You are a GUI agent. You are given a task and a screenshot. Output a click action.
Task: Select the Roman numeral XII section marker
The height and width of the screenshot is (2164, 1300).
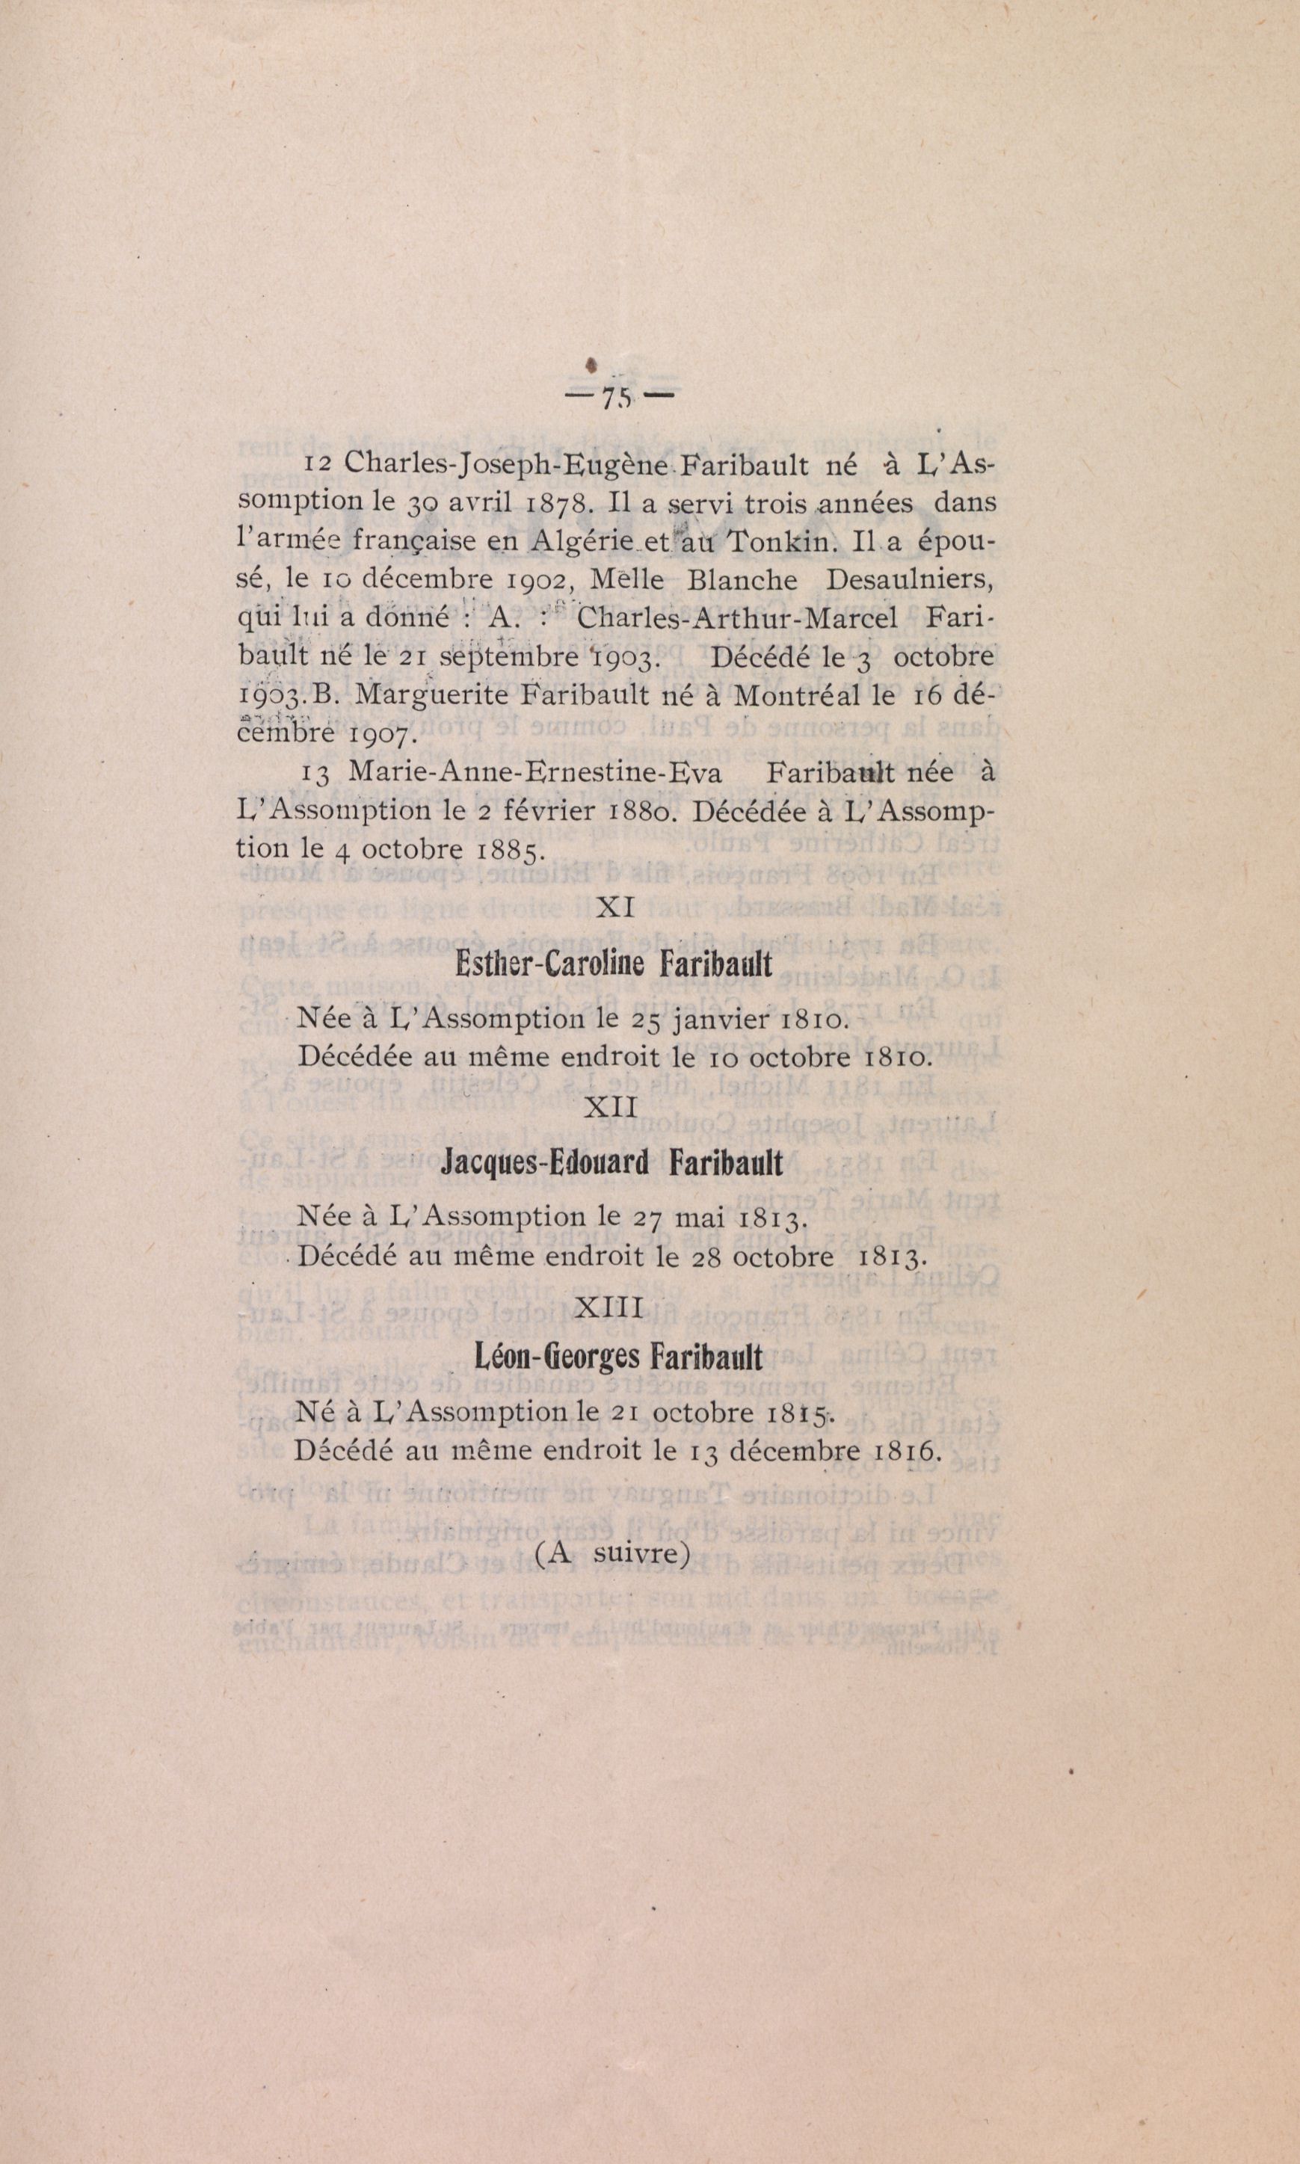point(611,1108)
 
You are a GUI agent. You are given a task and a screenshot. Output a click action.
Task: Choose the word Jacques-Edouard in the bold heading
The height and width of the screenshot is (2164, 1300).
point(545,1163)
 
